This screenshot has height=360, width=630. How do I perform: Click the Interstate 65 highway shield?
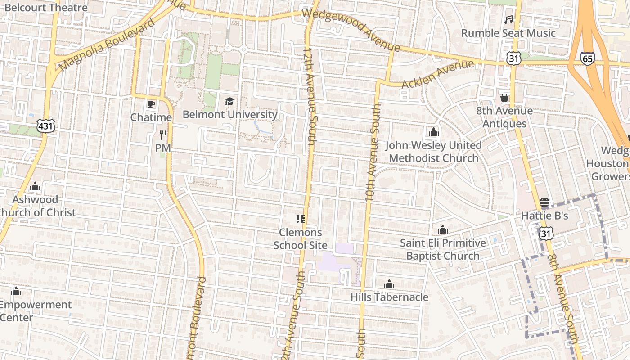[x=587, y=58]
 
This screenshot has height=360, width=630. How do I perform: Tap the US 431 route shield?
[x=46, y=126]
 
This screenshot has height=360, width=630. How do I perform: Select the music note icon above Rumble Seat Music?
[x=508, y=20]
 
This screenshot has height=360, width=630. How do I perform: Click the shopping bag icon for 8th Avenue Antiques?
[x=504, y=98]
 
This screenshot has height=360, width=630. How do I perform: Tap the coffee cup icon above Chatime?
[x=151, y=104]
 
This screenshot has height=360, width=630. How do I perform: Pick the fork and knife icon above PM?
[x=163, y=135]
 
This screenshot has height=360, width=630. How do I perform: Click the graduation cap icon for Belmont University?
[x=229, y=101]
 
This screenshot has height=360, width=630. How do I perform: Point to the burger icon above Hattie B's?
[x=544, y=202]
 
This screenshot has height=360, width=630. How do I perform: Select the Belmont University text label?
[x=229, y=114]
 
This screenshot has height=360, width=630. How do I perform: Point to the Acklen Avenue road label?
[x=437, y=75]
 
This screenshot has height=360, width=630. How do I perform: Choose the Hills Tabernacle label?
[x=389, y=297]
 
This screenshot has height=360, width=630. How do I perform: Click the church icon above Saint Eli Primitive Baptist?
[x=443, y=230]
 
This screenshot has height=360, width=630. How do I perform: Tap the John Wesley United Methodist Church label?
[x=434, y=152]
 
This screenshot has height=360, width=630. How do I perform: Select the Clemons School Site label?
[x=300, y=238]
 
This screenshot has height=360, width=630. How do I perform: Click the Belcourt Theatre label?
[x=46, y=7]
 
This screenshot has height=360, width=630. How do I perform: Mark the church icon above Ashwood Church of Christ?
[x=35, y=187]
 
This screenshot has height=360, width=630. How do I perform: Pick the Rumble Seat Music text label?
[x=508, y=33]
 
